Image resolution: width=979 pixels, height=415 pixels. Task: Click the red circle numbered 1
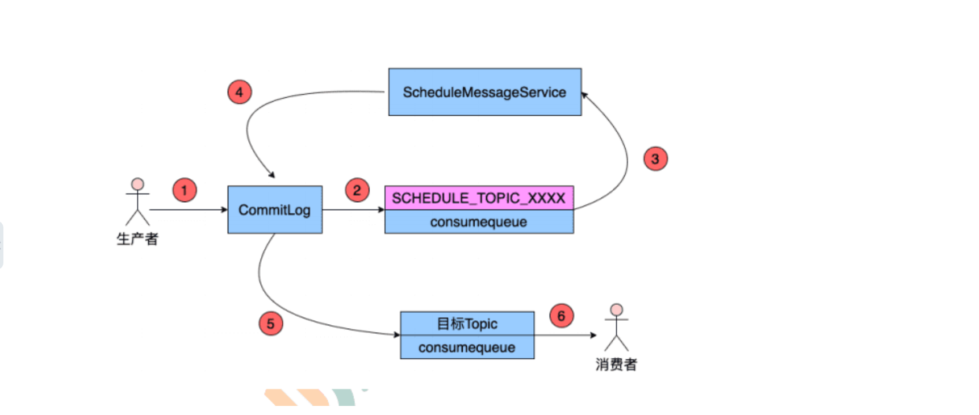pyautogui.click(x=185, y=190)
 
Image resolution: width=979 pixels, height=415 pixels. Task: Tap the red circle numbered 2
pyautogui.click(x=357, y=190)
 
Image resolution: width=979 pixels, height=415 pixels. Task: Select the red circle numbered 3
pyautogui.click(x=655, y=159)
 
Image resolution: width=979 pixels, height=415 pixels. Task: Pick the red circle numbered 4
pyautogui.click(x=240, y=92)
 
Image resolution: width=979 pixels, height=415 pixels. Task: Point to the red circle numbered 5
pyautogui.click(x=271, y=324)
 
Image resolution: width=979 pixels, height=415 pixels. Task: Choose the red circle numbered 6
pyautogui.click(x=562, y=316)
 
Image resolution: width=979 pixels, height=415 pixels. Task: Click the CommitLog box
pyautogui.click(x=275, y=209)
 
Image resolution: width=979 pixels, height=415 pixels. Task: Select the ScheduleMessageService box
pyautogui.click(x=484, y=92)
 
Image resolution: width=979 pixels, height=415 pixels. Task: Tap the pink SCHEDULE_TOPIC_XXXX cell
pyautogui.click(x=479, y=198)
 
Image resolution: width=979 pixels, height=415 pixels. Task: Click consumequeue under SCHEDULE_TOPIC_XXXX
pyautogui.click(x=479, y=222)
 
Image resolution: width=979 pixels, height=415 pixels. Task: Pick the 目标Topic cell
pyautogui.click(x=467, y=324)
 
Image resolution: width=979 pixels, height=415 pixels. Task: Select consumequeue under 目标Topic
pyautogui.click(x=467, y=347)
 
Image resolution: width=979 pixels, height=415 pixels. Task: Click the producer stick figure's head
pyautogui.click(x=137, y=184)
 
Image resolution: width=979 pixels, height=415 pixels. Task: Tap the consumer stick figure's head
pyautogui.click(x=616, y=310)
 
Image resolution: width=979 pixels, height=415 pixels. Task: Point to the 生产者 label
pyautogui.click(x=137, y=239)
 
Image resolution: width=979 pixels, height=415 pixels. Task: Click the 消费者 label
pyautogui.click(x=616, y=364)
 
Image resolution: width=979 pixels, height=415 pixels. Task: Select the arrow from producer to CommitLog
pyautogui.click(x=187, y=209)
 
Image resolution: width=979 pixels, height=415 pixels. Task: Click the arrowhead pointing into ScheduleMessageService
pyautogui.click(x=584, y=95)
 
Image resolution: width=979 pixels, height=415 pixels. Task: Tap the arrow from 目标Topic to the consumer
pyautogui.click(x=565, y=335)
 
